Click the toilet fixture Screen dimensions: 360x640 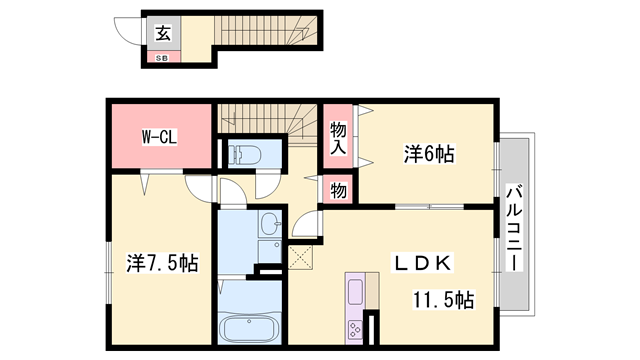click(x=244, y=155)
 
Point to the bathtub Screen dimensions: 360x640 click(x=248, y=329)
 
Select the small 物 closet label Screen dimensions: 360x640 click(x=338, y=189)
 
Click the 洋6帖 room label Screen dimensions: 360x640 click(x=429, y=154)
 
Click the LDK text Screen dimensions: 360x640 click(x=423, y=262)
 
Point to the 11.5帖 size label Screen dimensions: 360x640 click(x=444, y=300)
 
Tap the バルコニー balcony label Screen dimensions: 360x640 click(x=513, y=226)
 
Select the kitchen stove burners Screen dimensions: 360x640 click(x=356, y=329)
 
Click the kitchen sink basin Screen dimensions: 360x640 click(x=355, y=291)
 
